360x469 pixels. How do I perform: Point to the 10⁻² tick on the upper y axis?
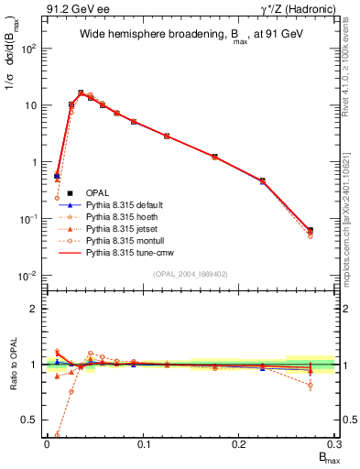pyautogui.click(x=27, y=276)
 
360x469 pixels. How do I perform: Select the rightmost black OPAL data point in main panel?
pyautogui.click(x=310, y=230)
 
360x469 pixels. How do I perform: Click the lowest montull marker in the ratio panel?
pyautogui.click(x=58, y=435)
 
